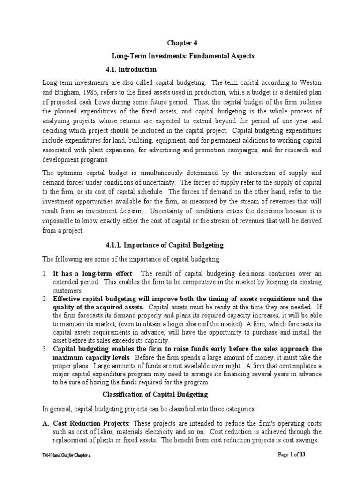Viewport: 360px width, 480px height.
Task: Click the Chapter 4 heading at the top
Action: coord(180,43)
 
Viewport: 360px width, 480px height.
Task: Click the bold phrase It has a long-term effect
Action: coord(93,274)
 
